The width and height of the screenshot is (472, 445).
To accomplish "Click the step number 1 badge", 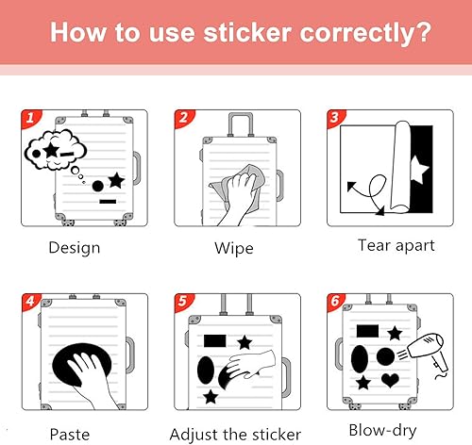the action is pyautogui.click(x=30, y=118).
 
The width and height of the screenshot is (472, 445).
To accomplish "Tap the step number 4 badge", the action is pyautogui.click(x=30, y=302).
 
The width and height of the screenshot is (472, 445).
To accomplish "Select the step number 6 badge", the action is pyautogui.click(x=335, y=302).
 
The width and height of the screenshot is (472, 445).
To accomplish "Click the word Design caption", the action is pyautogui.click(x=75, y=248).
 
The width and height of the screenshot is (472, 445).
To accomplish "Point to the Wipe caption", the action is pyautogui.click(x=234, y=248).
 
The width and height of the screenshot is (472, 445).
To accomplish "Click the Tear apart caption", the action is pyautogui.click(x=396, y=245).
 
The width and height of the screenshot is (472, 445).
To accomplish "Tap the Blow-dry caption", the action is pyautogui.click(x=382, y=430).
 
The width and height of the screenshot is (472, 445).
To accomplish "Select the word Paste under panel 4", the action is pyautogui.click(x=70, y=435).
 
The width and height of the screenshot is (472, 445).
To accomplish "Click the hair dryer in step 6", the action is pyautogui.click(x=428, y=353).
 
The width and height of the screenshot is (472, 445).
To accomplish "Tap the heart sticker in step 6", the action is pyautogui.click(x=390, y=380).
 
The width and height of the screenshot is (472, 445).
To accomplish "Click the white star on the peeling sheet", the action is pyautogui.click(x=419, y=170).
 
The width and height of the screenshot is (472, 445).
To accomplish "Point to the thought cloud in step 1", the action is pyautogui.click(x=55, y=150).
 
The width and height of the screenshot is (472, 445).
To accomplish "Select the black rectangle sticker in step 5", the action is pyautogui.click(x=215, y=341).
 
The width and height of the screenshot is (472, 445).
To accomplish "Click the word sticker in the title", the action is pyautogui.click(x=247, y=32).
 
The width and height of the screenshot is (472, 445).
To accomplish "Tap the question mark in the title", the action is pyautogui.click(x=423, y=32).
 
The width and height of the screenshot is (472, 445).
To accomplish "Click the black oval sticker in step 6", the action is pyautogui.click(x=360, y=359).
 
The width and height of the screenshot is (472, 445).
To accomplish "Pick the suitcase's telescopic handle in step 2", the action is pyautogui.click(x=241, y=124).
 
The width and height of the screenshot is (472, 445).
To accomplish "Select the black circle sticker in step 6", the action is pyautogui.click(x=385, y=356).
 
